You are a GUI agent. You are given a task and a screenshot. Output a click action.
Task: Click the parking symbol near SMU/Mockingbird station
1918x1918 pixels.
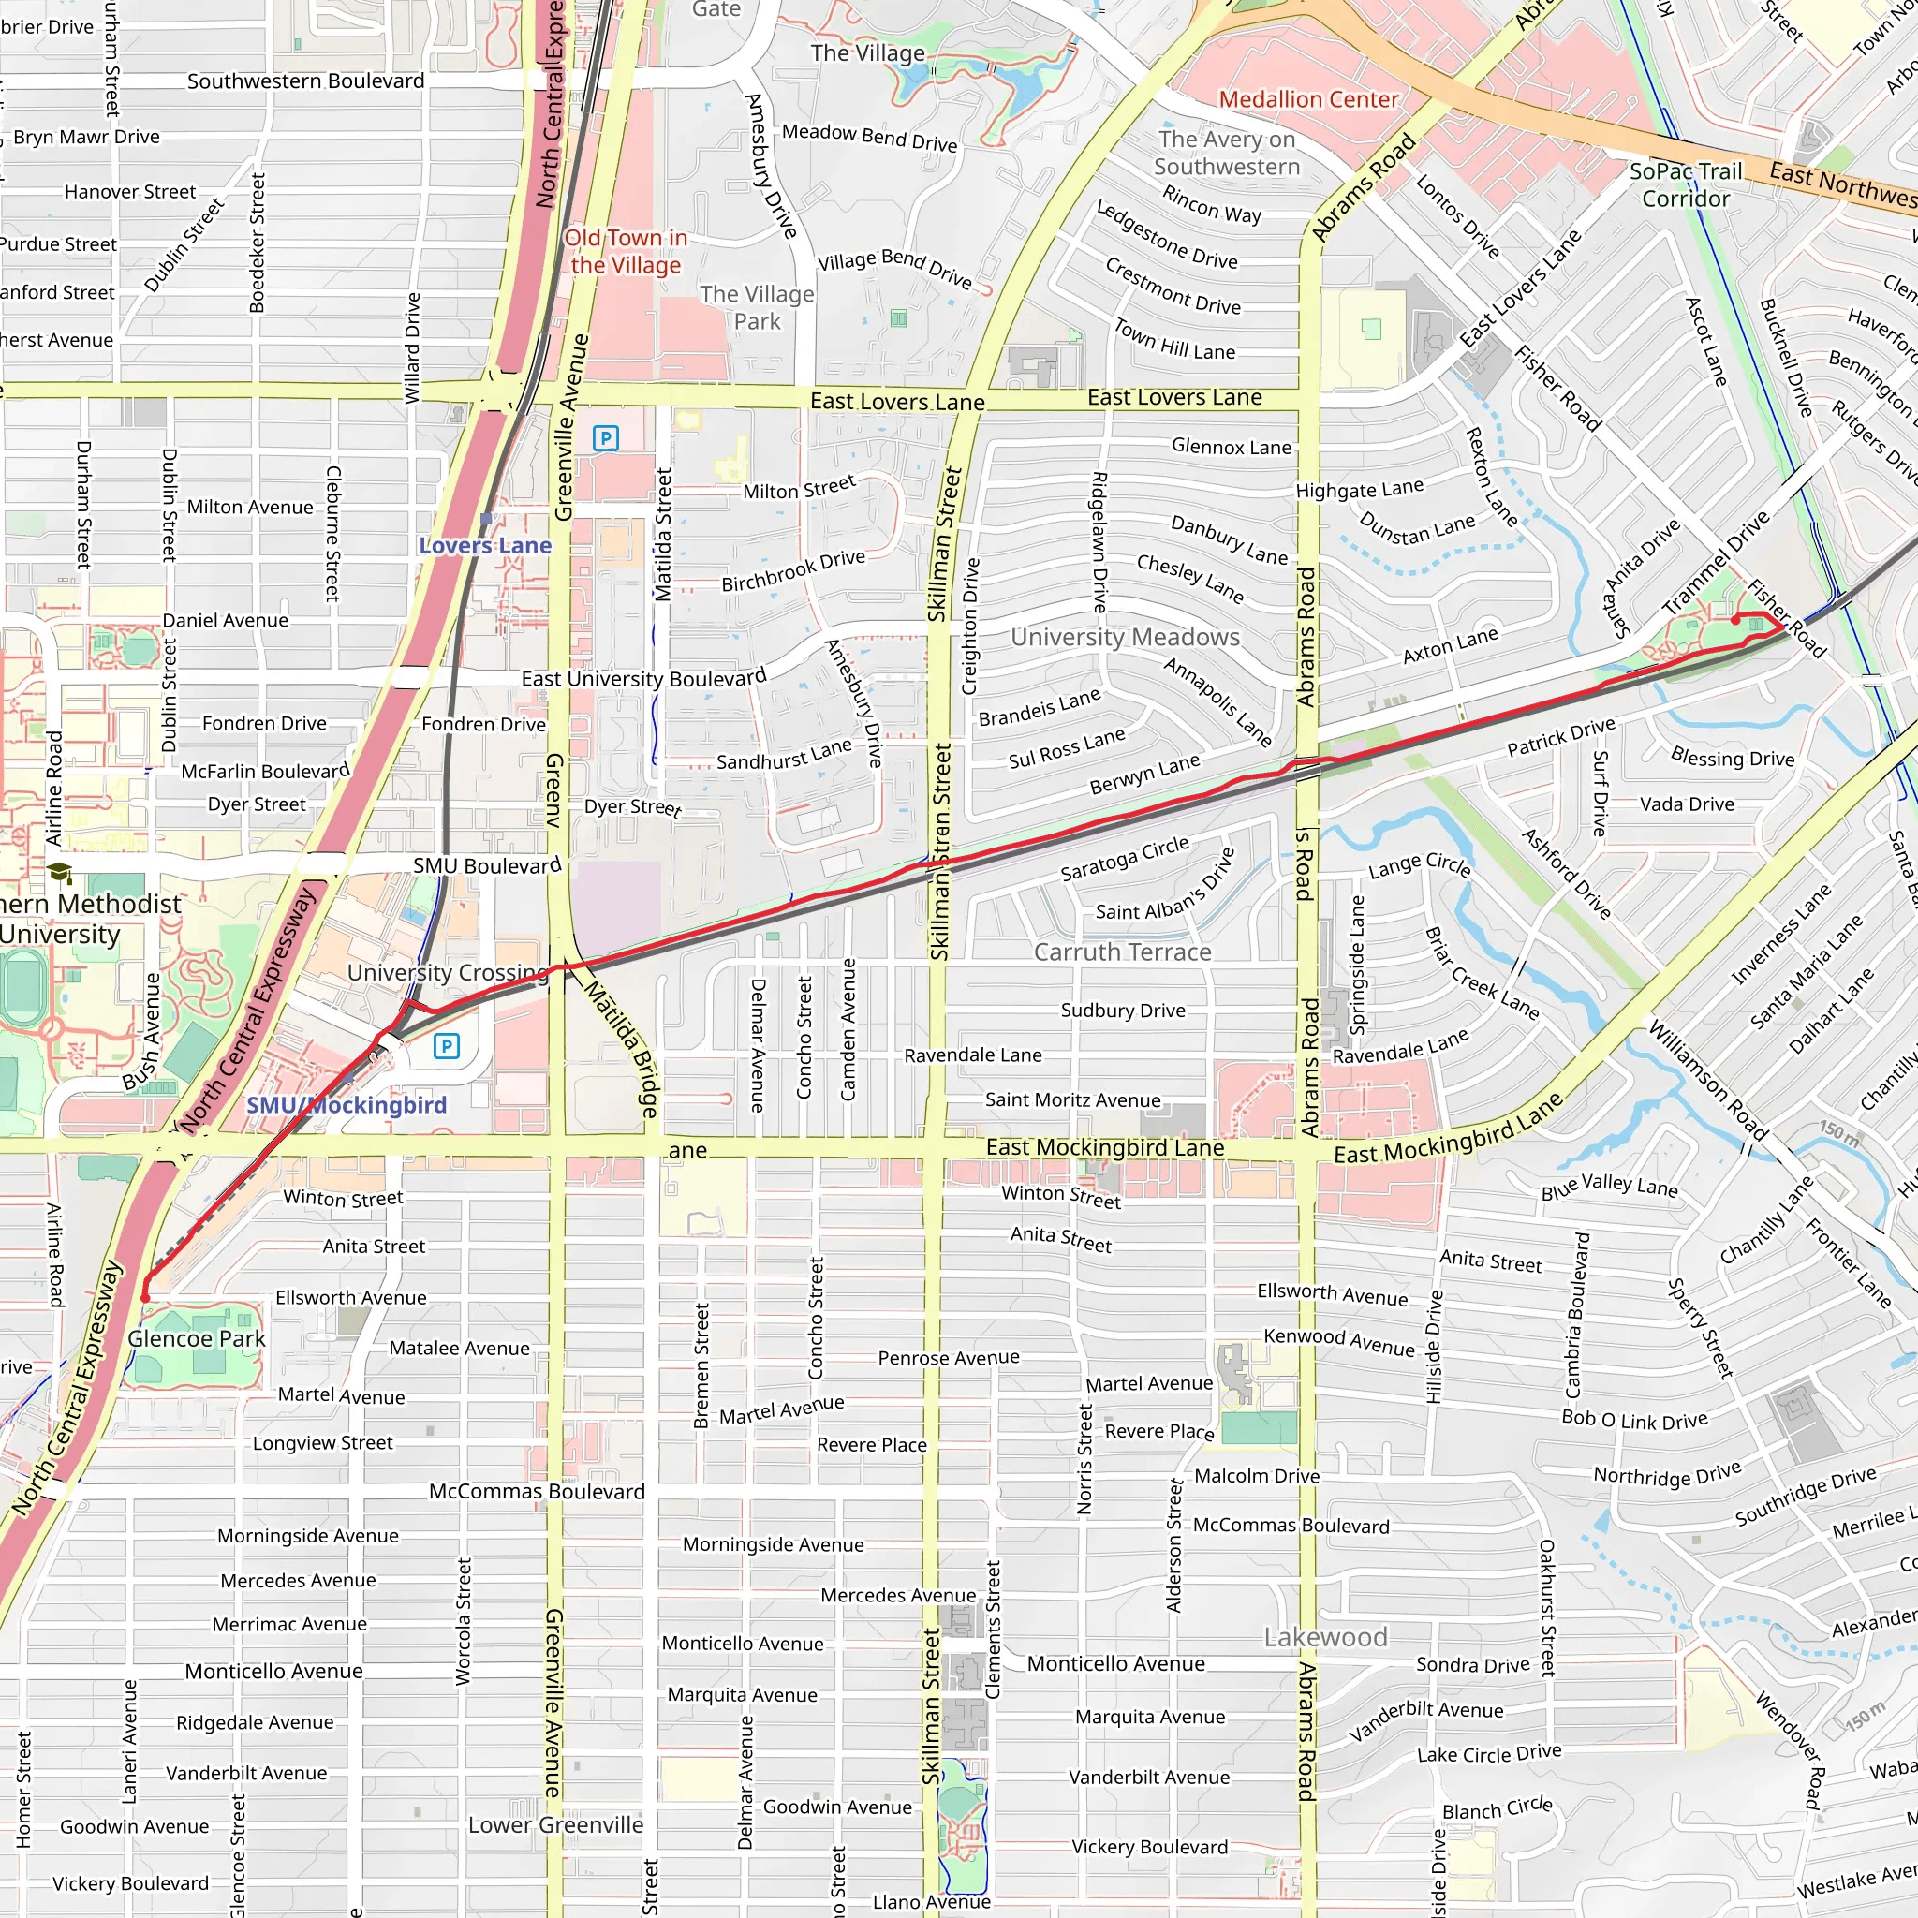[x=447, y=1045]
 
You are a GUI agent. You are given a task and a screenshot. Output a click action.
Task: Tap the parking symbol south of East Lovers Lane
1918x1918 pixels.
[x=606, y=437]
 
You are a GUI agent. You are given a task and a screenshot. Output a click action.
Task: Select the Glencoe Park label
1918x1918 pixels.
[x=197, y=1338]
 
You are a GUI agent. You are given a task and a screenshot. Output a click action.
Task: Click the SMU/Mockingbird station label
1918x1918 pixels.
[x=347, y=1105]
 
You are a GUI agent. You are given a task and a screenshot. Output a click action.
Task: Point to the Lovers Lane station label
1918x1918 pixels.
[x=484, y=545]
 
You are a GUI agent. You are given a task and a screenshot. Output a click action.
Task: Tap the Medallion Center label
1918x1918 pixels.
[x=1308, y=99]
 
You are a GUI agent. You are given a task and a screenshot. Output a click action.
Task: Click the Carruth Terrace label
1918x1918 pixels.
[x=1122, y=952]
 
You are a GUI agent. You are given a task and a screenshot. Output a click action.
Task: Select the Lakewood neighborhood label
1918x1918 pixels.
[x=1325, y=1637]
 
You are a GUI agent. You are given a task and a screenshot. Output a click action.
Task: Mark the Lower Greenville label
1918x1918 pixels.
[x=555, y=1824]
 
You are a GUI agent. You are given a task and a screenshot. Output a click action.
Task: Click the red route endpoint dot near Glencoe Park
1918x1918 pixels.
[x=145, y=1297]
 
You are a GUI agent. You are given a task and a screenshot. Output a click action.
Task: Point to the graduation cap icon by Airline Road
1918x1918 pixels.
[x=60, y=873]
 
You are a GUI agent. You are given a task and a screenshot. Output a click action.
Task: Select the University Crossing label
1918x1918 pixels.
[x=447, y=972]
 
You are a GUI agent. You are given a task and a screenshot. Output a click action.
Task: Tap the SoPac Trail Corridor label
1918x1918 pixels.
[x=1685, y=184]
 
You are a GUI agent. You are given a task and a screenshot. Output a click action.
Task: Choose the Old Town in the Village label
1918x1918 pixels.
[x=626, y=251]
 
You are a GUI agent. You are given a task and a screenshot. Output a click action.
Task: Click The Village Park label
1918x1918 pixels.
[x=757, y=308]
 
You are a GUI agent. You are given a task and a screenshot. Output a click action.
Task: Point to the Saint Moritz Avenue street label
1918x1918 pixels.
[x=1072, y=1100]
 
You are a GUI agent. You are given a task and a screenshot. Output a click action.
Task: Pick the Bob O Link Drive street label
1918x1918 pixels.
[x=1634, y=1420]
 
